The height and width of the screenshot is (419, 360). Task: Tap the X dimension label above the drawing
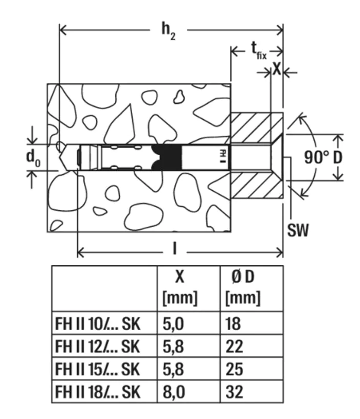tap(277, 69)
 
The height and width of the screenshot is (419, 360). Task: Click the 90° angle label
tap(315, 158)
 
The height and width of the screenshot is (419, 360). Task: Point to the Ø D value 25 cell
tap(233, 371)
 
